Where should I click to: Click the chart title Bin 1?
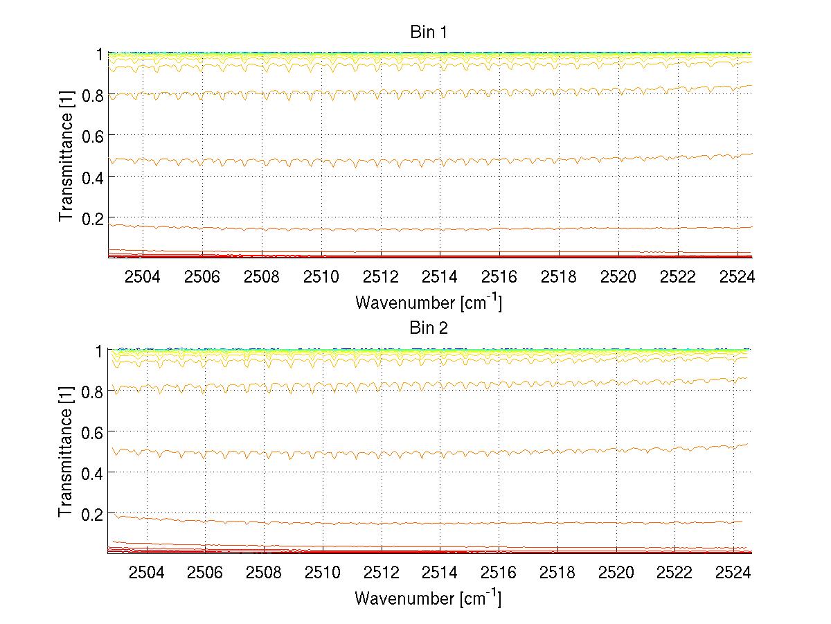(429, 32)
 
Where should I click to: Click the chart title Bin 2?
(429, 328)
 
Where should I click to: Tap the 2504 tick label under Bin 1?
(143, 277)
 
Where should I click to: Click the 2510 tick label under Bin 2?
(322, 573)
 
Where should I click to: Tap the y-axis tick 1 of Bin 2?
(99, 350)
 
